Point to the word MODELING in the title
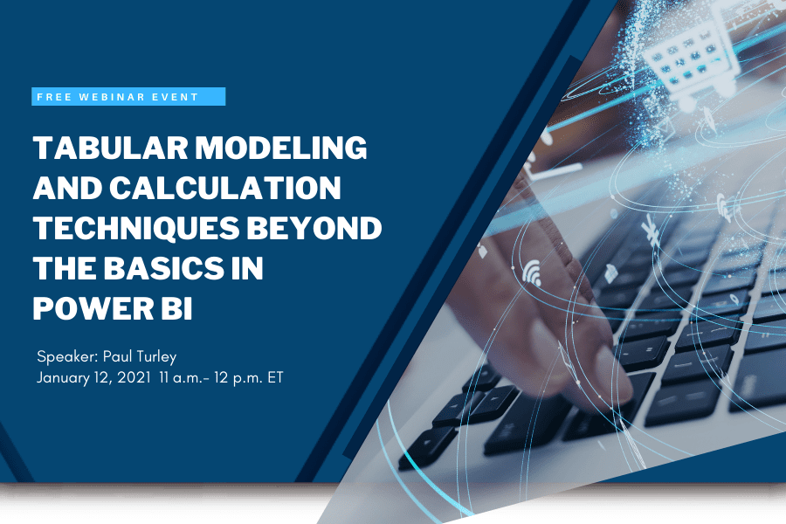tap(282, 148)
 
